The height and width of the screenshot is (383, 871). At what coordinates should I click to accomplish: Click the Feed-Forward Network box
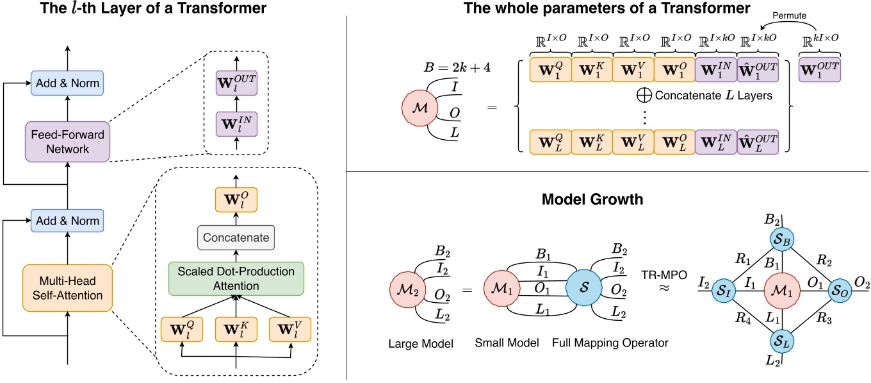click(67, 140)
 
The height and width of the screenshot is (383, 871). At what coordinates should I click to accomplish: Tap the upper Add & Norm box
click(67, 83)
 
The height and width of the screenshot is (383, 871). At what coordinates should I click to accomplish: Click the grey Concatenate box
click(237, 237)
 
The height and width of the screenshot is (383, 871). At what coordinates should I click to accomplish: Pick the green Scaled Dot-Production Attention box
click(237, 276)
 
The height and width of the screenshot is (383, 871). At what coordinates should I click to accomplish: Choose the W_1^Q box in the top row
click(549, 69)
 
